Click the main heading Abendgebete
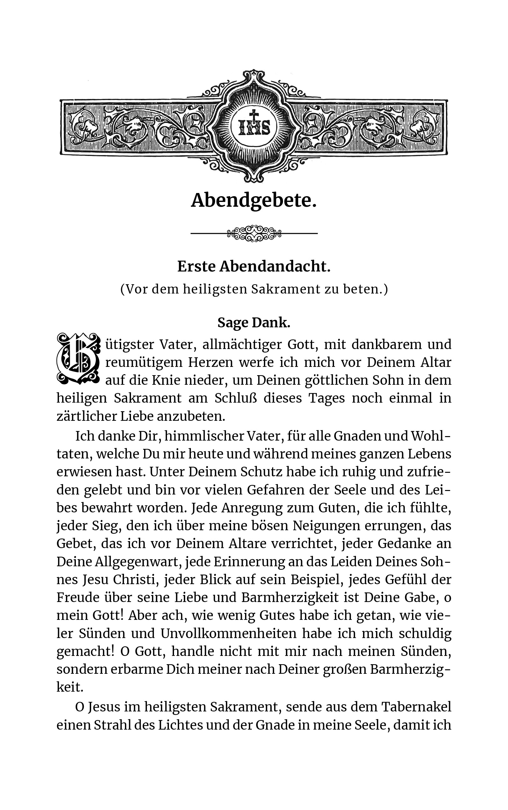point(254,201)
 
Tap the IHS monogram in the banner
point(254,127)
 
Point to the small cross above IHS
point(254,115)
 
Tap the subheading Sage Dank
point(254,323)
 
